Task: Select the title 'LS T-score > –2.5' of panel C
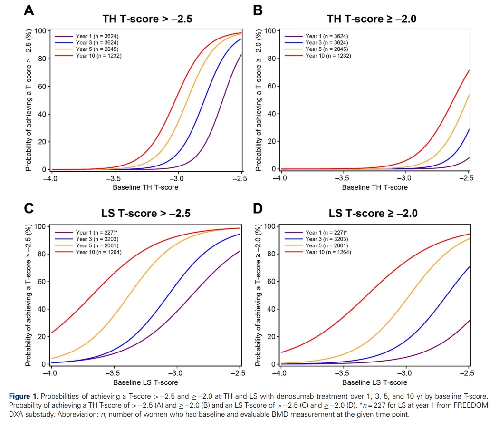(x=146, y=213)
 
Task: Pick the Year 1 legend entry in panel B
(x=326, y=36)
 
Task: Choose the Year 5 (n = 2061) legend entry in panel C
(x=98, y=245)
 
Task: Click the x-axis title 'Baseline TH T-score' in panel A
(x=145, y=187)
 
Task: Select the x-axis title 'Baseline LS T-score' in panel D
(x=374, y=382)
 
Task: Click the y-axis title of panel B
(x=259, y=100)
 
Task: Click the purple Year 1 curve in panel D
(x=428, y=352)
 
